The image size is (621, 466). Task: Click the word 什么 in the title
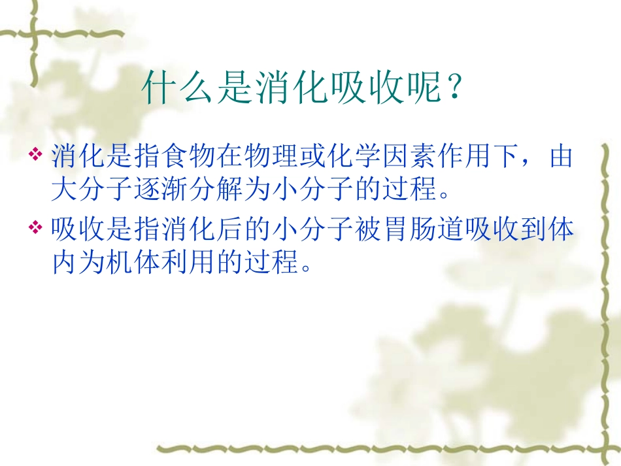pos(178,88)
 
